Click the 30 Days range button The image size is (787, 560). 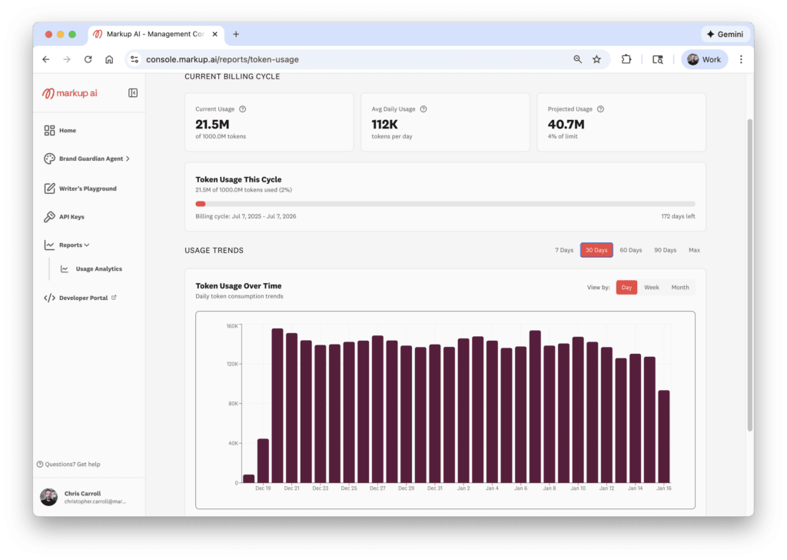coord(596,250)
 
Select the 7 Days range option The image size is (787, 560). coord(564,250)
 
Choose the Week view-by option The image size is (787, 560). coord(651,288)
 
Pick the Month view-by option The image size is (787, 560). coord(680,288)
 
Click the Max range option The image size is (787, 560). coord(694,250)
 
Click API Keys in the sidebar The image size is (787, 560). coord(71,217)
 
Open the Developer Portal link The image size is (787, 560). coord(83,298)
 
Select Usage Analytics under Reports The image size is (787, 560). coord(98,269)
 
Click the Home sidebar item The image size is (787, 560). coord(68,131)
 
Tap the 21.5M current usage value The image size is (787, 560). coord(213,125)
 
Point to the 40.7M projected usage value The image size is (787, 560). coord(566,125)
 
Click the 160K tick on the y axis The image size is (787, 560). coord(232,325)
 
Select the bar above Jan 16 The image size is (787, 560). coord(664,436)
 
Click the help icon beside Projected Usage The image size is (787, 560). coord(600,109)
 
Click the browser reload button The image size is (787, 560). coord(88,59)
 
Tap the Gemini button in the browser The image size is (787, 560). coord(725,35)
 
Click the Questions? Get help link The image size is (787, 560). coord(69,464)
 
